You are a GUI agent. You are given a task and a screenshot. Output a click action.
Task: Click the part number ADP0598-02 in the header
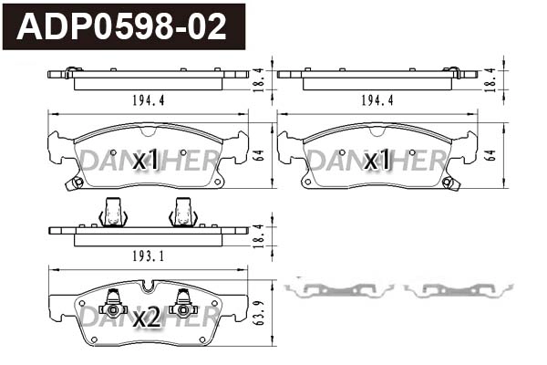pos(122,26)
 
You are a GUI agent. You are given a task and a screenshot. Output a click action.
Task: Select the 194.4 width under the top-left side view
pos(147,100)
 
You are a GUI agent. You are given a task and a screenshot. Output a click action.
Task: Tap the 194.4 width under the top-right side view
pos(377,100)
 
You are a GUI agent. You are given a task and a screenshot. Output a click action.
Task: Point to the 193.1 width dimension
pos(147,256)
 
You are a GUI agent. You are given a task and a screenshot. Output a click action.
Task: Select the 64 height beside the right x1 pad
pos(490,156)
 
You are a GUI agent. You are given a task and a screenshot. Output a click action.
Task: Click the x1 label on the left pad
pos(146,162)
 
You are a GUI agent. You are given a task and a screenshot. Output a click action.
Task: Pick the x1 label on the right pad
pos(377,162)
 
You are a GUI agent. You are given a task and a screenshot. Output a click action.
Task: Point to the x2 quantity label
pos(146,318)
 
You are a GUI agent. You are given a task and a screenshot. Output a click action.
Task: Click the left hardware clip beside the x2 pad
pos(338,290)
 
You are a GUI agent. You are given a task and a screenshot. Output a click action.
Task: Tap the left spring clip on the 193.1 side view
pos(113,213)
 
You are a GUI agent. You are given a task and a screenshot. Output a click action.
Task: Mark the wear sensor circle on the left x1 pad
pos(77,182)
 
